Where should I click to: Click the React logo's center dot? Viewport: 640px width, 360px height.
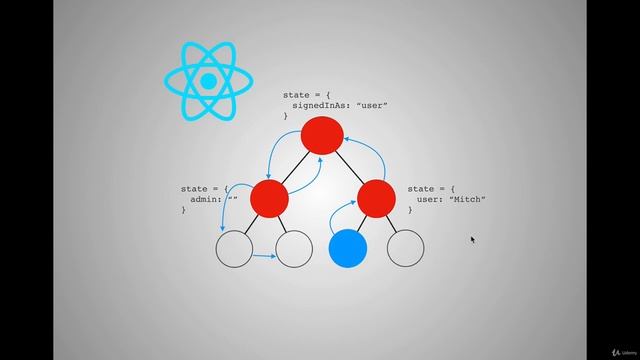(208, 80)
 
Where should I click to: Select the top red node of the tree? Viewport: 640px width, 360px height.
(323, 136)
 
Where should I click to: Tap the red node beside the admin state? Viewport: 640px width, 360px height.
(268, 198)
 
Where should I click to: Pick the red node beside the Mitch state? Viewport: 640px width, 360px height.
(376, 198)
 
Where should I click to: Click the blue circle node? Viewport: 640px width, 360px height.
(348, 248)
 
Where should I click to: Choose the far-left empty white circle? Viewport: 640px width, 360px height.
(235, 248)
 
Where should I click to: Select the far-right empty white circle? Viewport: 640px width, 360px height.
(405, 248)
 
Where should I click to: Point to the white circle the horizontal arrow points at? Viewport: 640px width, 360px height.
(294, 248)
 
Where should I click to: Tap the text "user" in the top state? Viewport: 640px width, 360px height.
(372, 105)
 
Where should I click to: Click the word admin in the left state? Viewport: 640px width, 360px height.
(205, 199)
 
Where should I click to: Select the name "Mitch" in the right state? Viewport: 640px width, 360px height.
(467, 199)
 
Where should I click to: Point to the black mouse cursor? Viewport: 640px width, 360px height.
(473, 239)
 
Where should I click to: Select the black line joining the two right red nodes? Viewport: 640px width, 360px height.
(350, 168)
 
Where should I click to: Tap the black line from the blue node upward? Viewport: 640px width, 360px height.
(360, 224)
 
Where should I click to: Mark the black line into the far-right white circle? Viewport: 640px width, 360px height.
(392, 224)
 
